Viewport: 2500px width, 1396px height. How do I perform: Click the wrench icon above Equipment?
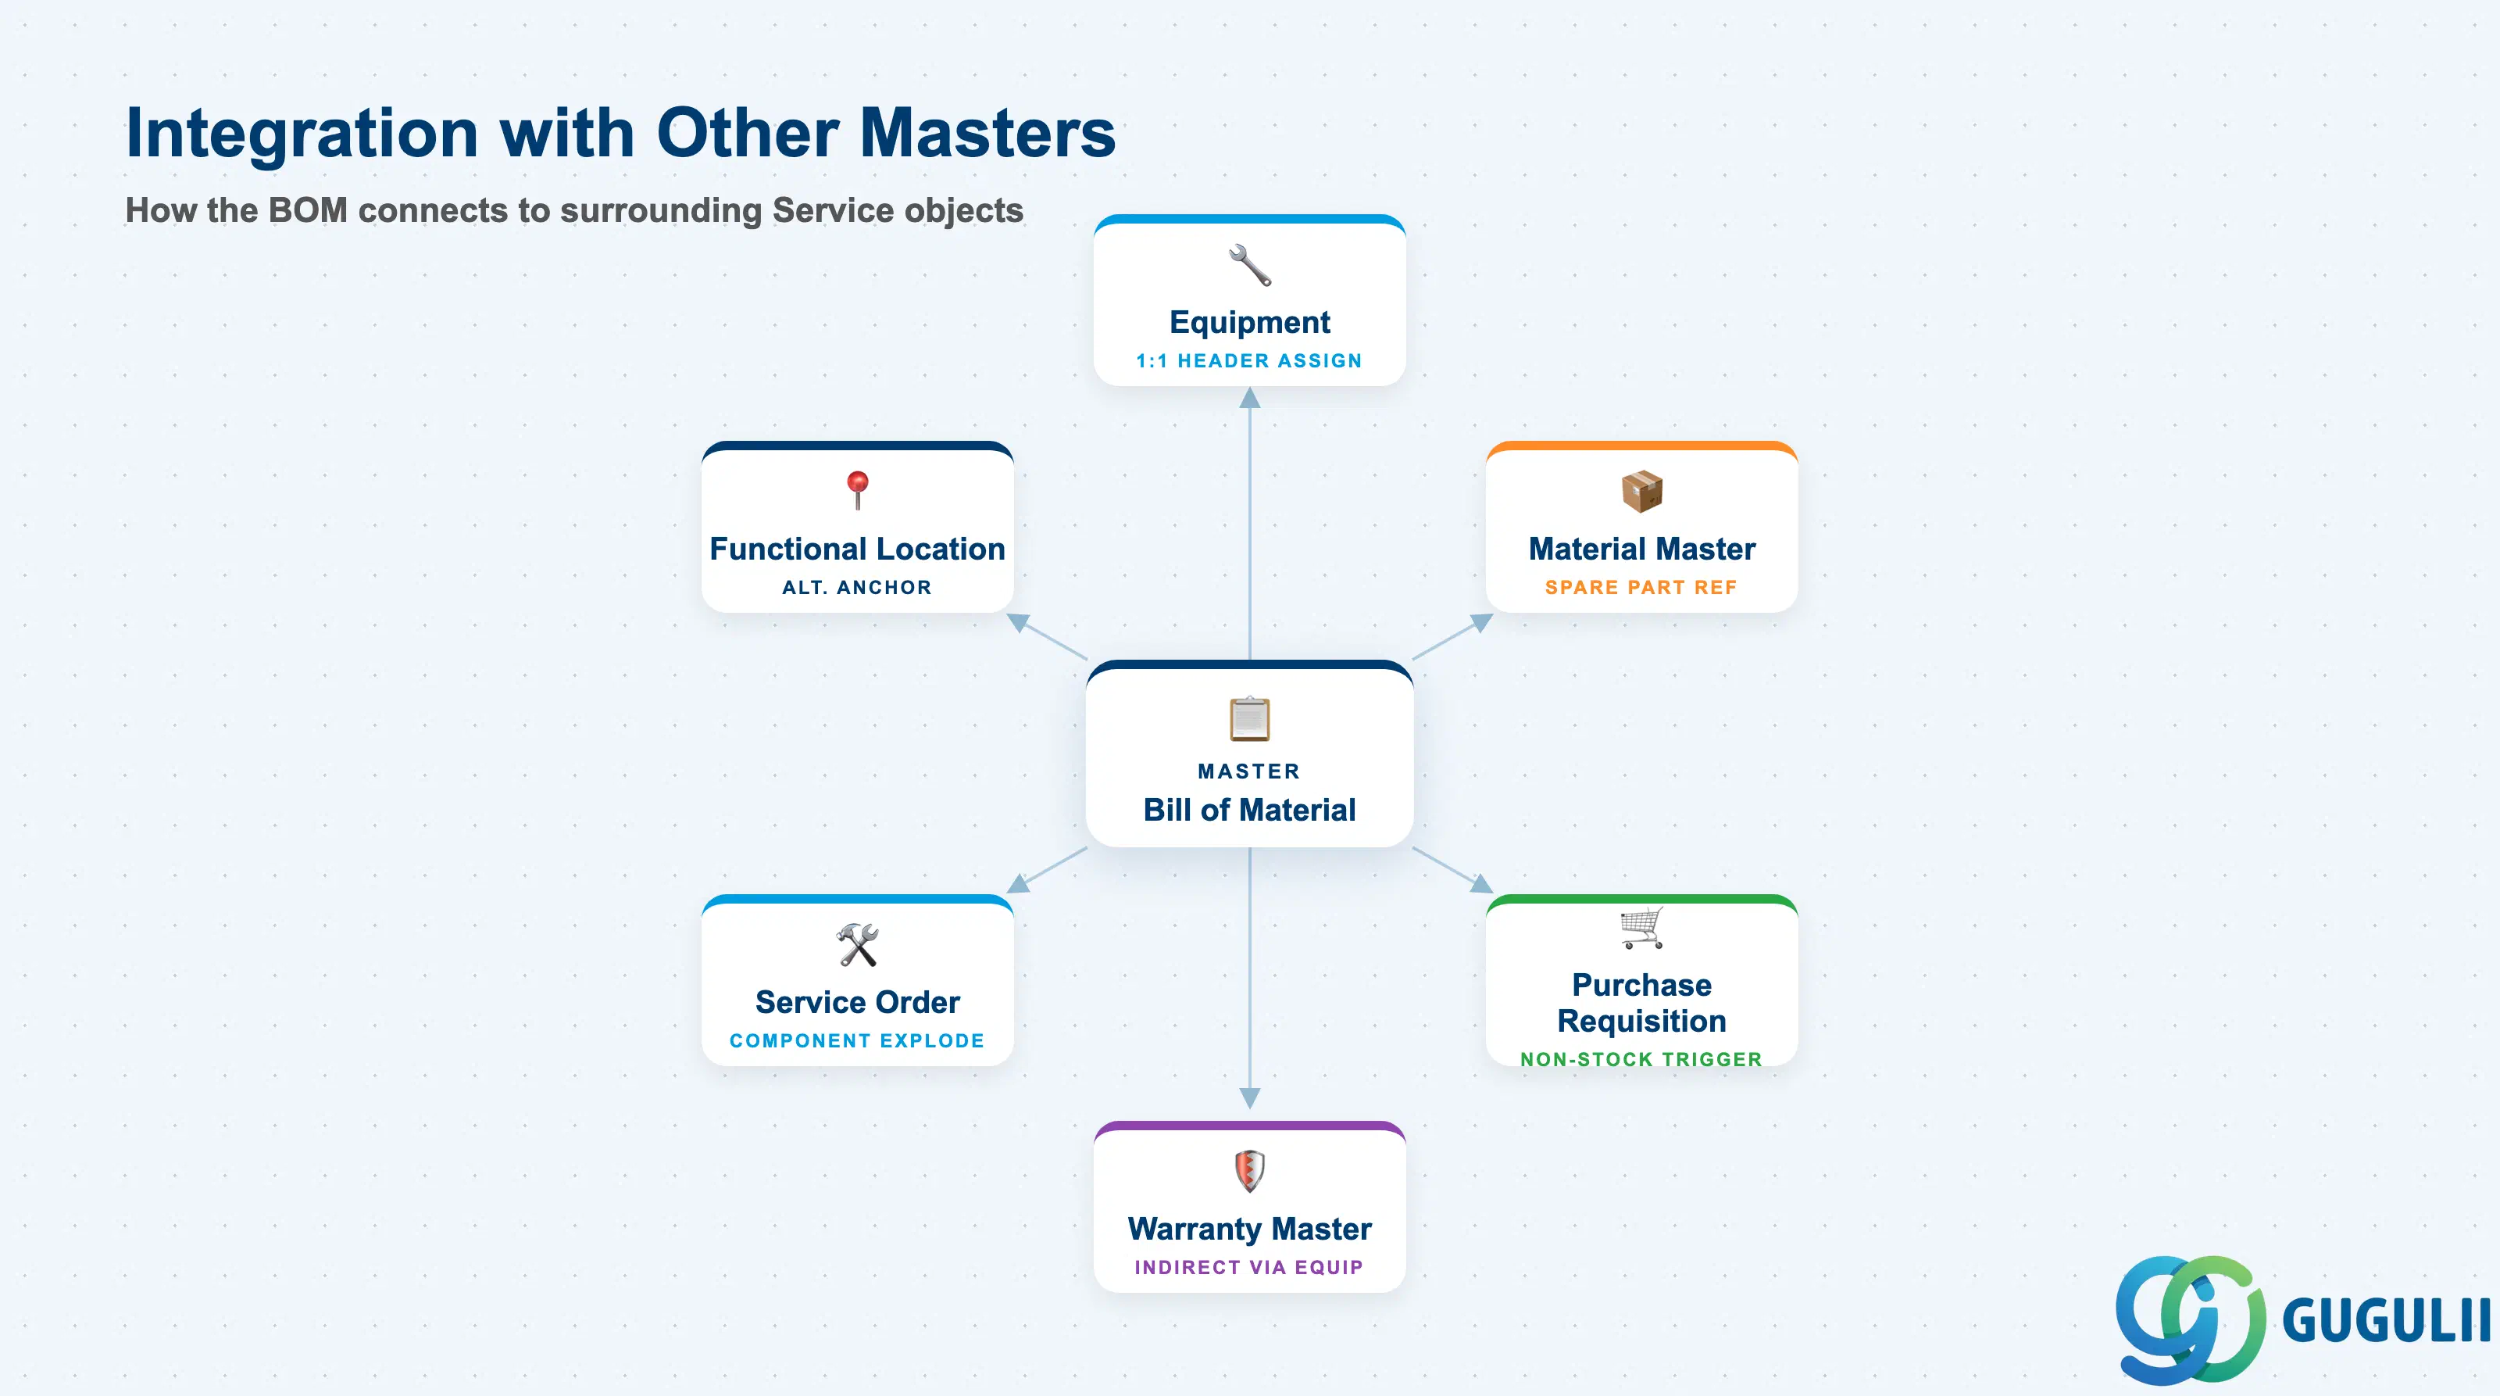pyautogui.click(x=1250, y=265)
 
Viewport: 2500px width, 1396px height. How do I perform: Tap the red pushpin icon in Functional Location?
pyautogui.click(x=858, y=489)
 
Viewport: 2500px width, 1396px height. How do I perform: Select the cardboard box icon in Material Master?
pyautogui.click(x=1642, y=491)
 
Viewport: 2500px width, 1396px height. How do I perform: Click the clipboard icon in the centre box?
pyautogui.click(x=1250, y=718)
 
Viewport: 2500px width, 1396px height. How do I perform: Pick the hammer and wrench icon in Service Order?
pyautogui.click(x=858, y=944)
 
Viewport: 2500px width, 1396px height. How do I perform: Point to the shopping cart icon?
pyautogui.click(x=1642, y=928)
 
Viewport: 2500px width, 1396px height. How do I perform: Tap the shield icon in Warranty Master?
pyautogui.click(x=1250, y=1171)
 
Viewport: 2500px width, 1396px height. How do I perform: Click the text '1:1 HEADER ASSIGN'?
pyautogui.click(x=1250, y=361)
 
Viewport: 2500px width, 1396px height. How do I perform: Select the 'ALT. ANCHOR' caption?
pyautogui.click(x=858, y=587)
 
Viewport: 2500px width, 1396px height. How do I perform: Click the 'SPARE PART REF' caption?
pyautogui.click(x=1642, y=587)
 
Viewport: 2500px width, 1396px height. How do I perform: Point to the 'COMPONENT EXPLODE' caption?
pyautogui.click(x=858, y=1040)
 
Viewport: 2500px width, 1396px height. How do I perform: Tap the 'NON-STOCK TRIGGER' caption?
pyautogui.click(x=1642, y=1059)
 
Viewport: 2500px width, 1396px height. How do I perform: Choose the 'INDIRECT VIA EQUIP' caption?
pyautogui.click(x=1250, y=1267)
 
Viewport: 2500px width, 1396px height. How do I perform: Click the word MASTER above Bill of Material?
pyautogui.click(x=1250, y=771)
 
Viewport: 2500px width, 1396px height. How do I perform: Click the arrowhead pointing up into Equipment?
pyautogui.click(x=1250, y=397)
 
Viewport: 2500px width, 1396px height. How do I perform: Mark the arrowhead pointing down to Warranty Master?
pyautogui.click(x=1250, y=1098)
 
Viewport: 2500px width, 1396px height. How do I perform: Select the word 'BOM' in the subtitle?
pyautogui.click(x=308, y=211)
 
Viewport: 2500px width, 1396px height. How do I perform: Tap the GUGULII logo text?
pyautogui.click(x=2387, y=1320)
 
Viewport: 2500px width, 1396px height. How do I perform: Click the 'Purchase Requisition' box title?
pyautogui.click(x=1642, y=1003)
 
